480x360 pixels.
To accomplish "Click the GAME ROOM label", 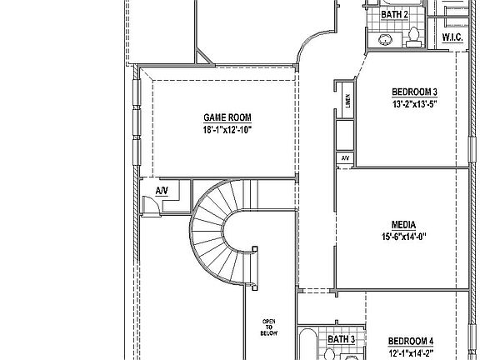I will click(227, 117).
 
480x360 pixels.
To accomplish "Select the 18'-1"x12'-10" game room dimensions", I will click(227, 130).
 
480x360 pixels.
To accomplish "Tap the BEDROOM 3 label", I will click(414, 92).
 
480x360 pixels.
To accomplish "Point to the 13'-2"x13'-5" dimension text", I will click(414, 104).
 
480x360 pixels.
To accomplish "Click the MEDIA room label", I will click(404, 224).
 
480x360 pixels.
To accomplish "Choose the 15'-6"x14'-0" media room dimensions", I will click(404, 236).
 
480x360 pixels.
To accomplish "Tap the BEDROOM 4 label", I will click(411, 341).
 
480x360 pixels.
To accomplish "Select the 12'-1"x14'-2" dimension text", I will click(411, 352).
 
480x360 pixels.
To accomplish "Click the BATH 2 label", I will click(394, 14).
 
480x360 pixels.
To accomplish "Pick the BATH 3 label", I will click(341, 339).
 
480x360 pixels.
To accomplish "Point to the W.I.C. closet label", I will click(453, 37).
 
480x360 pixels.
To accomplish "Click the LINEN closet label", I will click(347, 102).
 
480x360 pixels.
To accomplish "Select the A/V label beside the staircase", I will click(162, 191).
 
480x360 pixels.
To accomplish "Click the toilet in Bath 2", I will click(414, 36).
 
